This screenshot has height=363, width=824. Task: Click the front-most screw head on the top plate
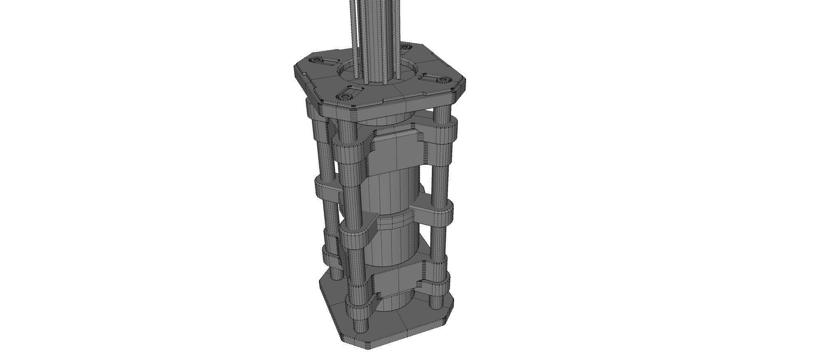pyautogui.click(x=345, y=97)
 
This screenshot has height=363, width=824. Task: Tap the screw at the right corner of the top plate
pyautogui.click(x=442, y=79)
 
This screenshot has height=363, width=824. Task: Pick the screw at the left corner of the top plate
pyautogui.click(x=317, y=60)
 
